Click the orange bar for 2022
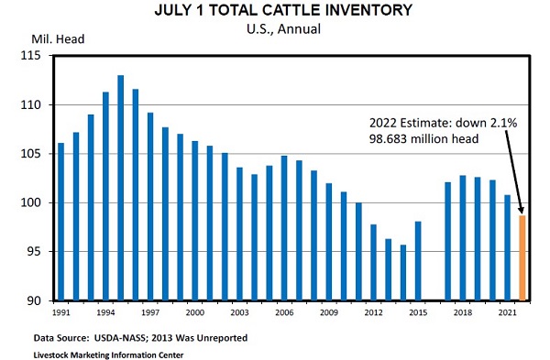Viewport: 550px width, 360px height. (x=522, y=258)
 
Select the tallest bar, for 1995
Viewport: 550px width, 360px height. (x=121, y=188)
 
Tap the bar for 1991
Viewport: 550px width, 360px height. (x=61, y=222)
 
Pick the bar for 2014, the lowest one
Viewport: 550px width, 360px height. (x=403, y=273)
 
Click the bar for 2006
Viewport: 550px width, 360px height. (x=284, y=228)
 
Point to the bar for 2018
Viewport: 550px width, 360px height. (x=463, y=238)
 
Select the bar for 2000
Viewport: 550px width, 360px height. (x=195, y=221)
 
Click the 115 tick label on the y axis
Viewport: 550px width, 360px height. (x=30, y=55)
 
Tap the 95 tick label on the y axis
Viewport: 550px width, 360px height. (x=34, y=252)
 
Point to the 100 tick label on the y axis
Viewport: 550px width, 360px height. (x=30, y=202)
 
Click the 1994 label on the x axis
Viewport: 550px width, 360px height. (x=105, y=312)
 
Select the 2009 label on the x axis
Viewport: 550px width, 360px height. (x=329, y=312)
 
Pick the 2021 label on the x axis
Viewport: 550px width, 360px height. (x=507, y=312)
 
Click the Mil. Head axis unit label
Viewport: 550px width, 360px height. (x=58, y=38)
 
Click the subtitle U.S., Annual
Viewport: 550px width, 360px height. (x=283, y=28)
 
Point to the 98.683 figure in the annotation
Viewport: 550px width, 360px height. (x=388, y=139)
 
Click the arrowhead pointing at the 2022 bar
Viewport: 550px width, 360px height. (x=522, y=210)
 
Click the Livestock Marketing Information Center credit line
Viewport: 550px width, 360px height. (x=108, y=355)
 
